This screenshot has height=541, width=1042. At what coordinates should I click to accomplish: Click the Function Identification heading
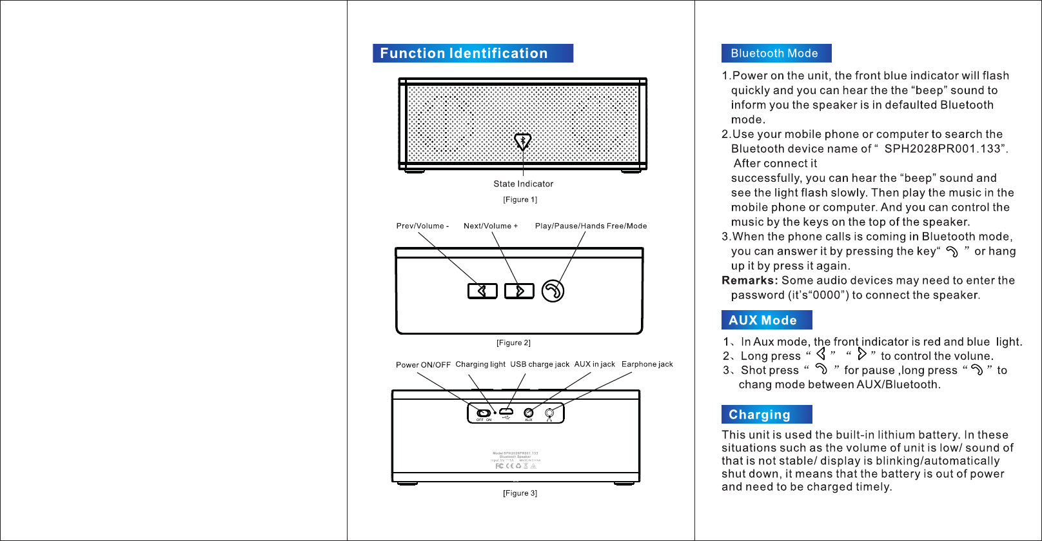464,54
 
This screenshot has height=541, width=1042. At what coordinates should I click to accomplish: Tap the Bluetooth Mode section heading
774,54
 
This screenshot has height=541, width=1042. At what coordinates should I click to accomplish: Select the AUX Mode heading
763,320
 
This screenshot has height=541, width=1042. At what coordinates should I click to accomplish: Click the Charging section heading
759,415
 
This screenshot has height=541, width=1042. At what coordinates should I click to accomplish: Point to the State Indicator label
523,184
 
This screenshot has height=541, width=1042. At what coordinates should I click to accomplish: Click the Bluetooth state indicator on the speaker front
522,141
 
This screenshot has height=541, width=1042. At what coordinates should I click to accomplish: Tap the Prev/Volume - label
422,226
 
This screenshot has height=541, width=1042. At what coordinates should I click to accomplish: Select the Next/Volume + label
491,226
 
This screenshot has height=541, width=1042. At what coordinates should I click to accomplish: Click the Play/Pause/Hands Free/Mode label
591,226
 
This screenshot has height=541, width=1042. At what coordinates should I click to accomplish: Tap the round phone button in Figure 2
553,291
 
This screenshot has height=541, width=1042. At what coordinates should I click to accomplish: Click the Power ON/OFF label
423,365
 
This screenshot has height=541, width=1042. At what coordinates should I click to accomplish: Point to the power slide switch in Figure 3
483,413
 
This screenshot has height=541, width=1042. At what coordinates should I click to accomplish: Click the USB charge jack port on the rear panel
506,411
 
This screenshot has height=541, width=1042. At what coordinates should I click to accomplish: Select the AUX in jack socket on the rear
529,413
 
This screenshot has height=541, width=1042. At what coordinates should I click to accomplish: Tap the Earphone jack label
647,364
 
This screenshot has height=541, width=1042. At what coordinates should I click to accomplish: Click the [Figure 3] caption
520,493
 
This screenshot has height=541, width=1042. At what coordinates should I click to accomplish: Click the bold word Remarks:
749,280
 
